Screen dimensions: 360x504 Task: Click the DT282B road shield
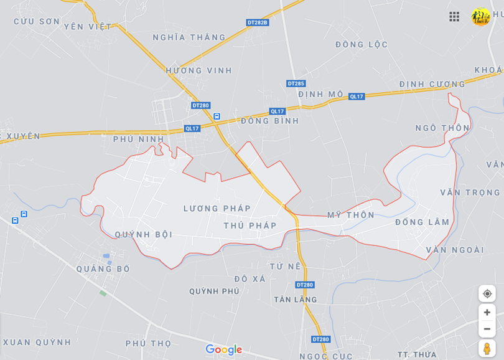coord(257,22)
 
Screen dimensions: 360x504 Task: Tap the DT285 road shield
coord(296,83)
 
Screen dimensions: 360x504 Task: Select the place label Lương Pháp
coord(217,209)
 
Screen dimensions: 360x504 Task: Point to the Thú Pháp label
coord(250,225)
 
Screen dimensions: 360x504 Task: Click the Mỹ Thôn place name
coord(351,215)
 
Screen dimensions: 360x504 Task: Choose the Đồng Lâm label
coord(422,222)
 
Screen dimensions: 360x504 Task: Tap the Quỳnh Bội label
coord(144,235)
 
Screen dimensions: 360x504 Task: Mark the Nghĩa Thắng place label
coord(189,37)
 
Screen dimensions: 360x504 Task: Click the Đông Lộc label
coord(362,45)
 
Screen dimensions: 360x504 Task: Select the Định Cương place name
coord(432,84)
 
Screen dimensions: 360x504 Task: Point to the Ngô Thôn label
coord(442,128)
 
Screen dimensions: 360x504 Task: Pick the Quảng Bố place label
coord(103,269)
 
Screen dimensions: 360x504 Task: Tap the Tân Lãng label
coord(296,300)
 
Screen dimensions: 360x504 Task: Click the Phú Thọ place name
coord(148,343)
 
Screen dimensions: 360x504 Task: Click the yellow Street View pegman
coord(487,348)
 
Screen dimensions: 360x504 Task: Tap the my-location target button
coord(487,293)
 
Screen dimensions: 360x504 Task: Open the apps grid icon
coord(454,17)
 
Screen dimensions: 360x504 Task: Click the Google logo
coord(223,350)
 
